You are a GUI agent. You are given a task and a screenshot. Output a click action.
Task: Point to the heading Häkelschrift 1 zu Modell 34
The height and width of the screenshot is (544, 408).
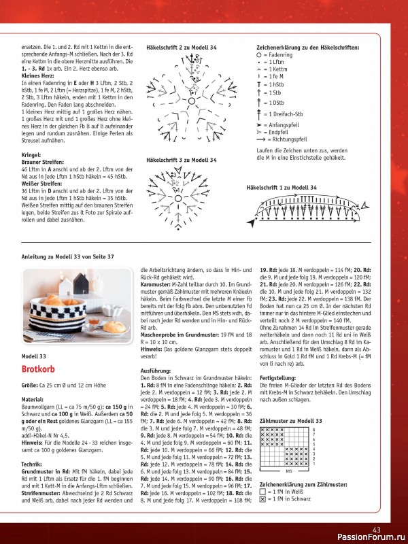(x=282, y=186)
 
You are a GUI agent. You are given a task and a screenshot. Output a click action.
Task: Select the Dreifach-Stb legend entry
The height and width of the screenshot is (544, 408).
(x=279, y=114)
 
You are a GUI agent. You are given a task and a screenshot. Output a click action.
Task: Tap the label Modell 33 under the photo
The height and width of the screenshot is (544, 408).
(x=34, y=356)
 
